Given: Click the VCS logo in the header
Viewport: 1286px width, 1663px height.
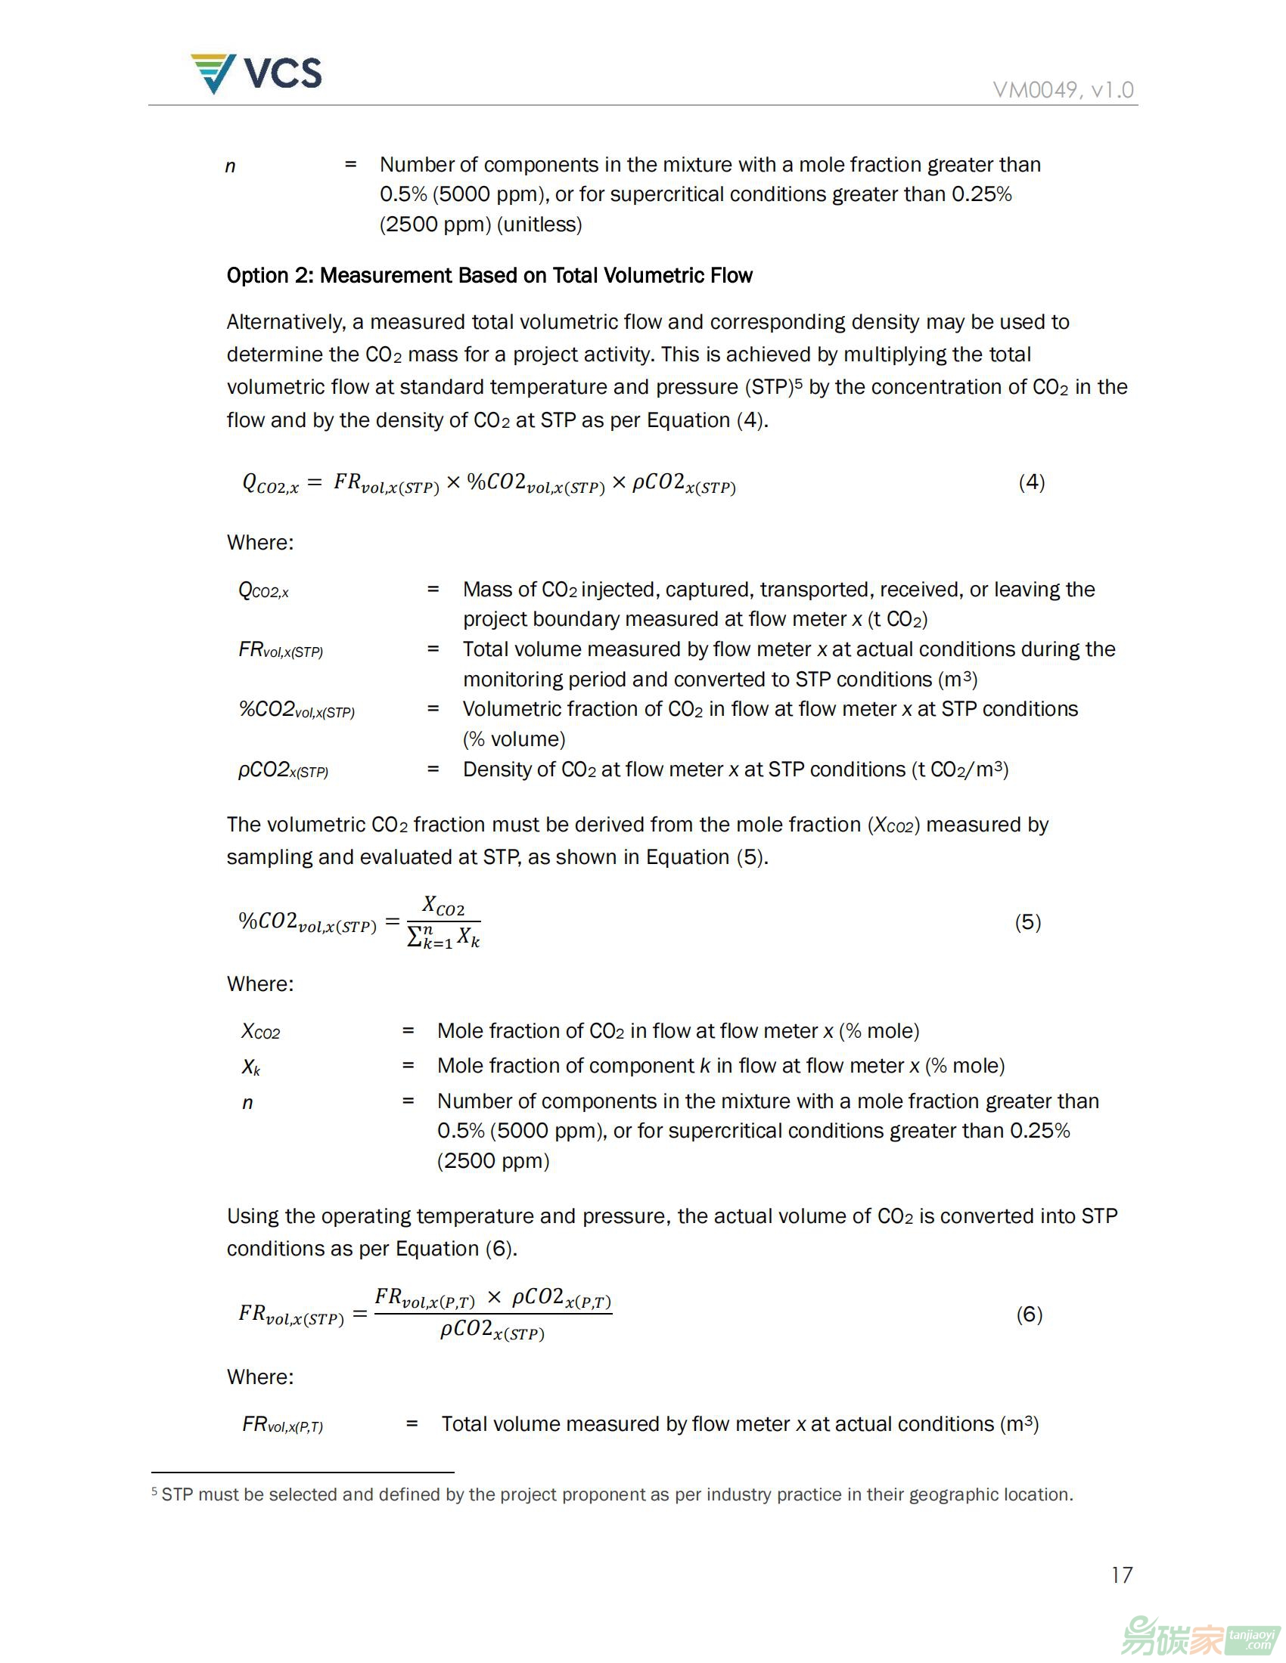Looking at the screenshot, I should (256, 74).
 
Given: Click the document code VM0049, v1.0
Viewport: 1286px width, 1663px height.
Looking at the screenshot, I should (1063, 90).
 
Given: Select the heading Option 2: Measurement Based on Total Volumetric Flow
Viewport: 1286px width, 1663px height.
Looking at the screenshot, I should (489, 276).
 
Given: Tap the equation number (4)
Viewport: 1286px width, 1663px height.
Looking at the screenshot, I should (1032, 482).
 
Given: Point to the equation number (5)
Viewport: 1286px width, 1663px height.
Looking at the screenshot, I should (1028, 922).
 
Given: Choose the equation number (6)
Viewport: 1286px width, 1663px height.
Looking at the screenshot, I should (1030, 1315).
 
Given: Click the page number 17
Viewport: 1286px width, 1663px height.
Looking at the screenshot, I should (1121, 1575).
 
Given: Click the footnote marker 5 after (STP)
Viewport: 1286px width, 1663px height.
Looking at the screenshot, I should (798, 382).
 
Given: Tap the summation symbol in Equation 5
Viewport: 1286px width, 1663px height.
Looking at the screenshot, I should (415, 936).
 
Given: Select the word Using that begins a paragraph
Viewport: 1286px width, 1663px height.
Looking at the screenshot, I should (253, 1216).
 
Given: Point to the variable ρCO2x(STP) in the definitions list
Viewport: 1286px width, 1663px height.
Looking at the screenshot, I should (283, 770).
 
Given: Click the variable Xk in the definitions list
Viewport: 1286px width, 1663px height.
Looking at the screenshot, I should (250, 1067).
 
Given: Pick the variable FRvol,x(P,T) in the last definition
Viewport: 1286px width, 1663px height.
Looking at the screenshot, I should (282, 1425).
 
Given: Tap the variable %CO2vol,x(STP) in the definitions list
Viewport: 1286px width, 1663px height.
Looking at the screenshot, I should (297, 711).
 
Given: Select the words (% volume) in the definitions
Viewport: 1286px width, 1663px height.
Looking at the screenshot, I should (514, 739).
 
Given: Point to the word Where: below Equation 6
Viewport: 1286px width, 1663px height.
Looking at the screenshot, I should (259, 1377).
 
